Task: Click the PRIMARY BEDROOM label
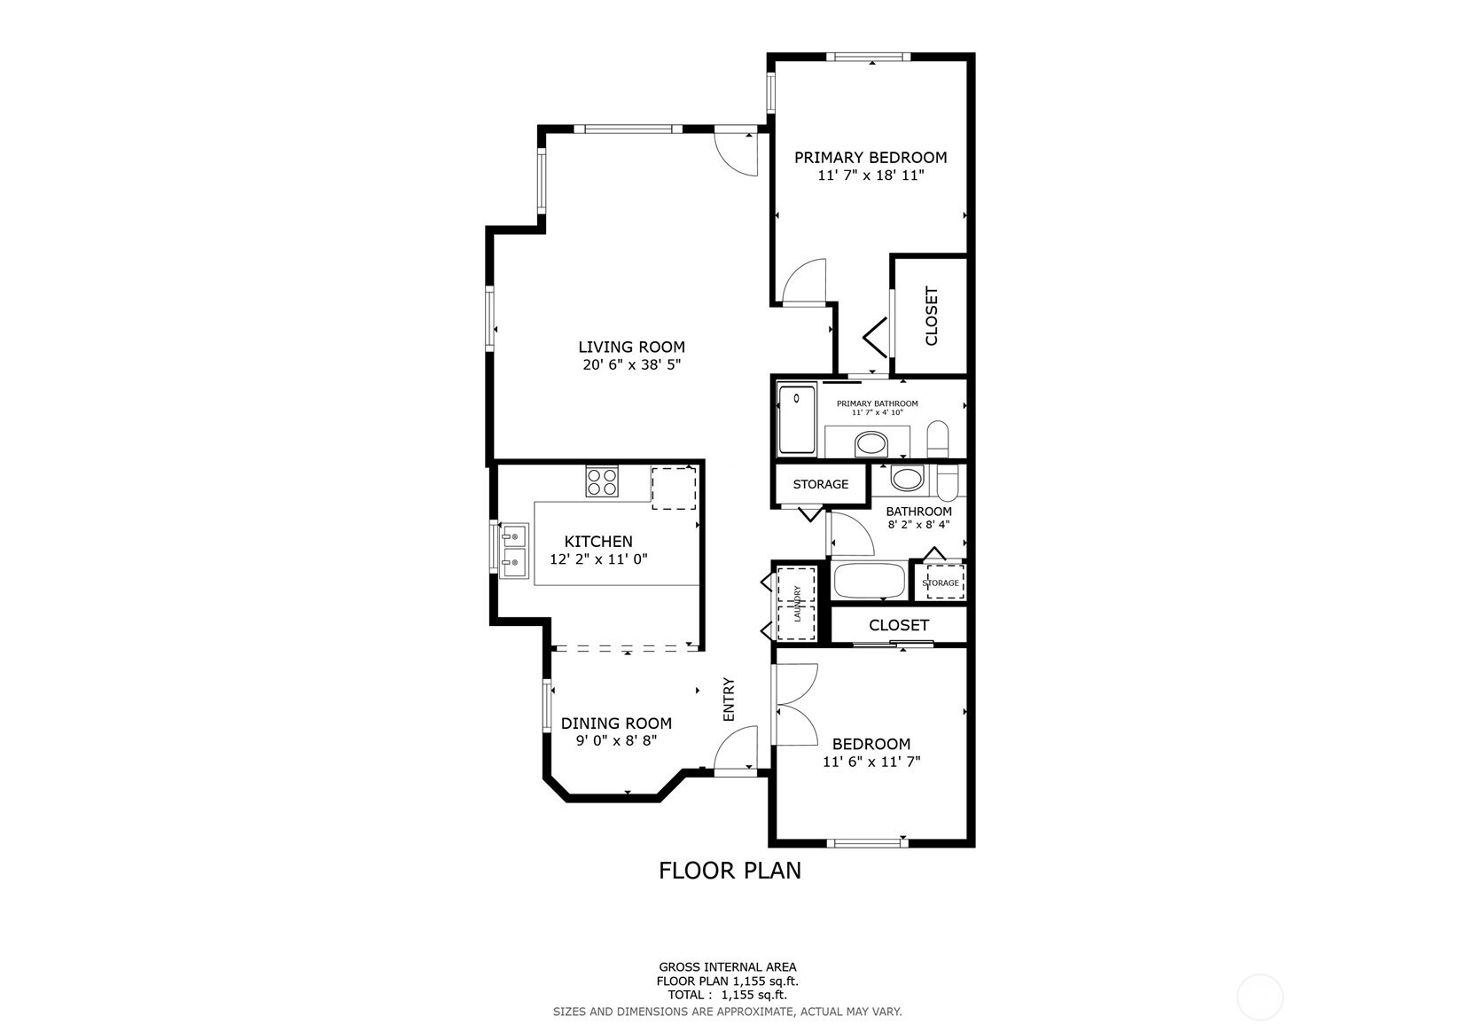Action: (871, 157)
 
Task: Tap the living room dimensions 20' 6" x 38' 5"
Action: (631, 364)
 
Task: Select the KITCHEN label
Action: (598, 541)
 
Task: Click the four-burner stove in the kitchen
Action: (602, 481)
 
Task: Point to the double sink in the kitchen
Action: (513, 551)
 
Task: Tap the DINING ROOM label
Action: (616, 723)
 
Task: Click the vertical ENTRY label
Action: (729, 700)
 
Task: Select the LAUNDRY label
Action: (796, 603)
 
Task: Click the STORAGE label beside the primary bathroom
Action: (821, 484)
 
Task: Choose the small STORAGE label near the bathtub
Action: (941, 582)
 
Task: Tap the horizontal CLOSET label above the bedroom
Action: (899, 625)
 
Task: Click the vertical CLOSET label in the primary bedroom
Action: (932, 317)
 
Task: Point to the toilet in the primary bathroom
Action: (937, 439)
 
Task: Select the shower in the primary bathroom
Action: (796, 419)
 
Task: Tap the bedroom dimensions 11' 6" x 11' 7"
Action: (871, 762)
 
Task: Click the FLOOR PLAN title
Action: (730, 871)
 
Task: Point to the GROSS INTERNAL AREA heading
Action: (728, 967)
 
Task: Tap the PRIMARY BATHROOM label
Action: (878, 403)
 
